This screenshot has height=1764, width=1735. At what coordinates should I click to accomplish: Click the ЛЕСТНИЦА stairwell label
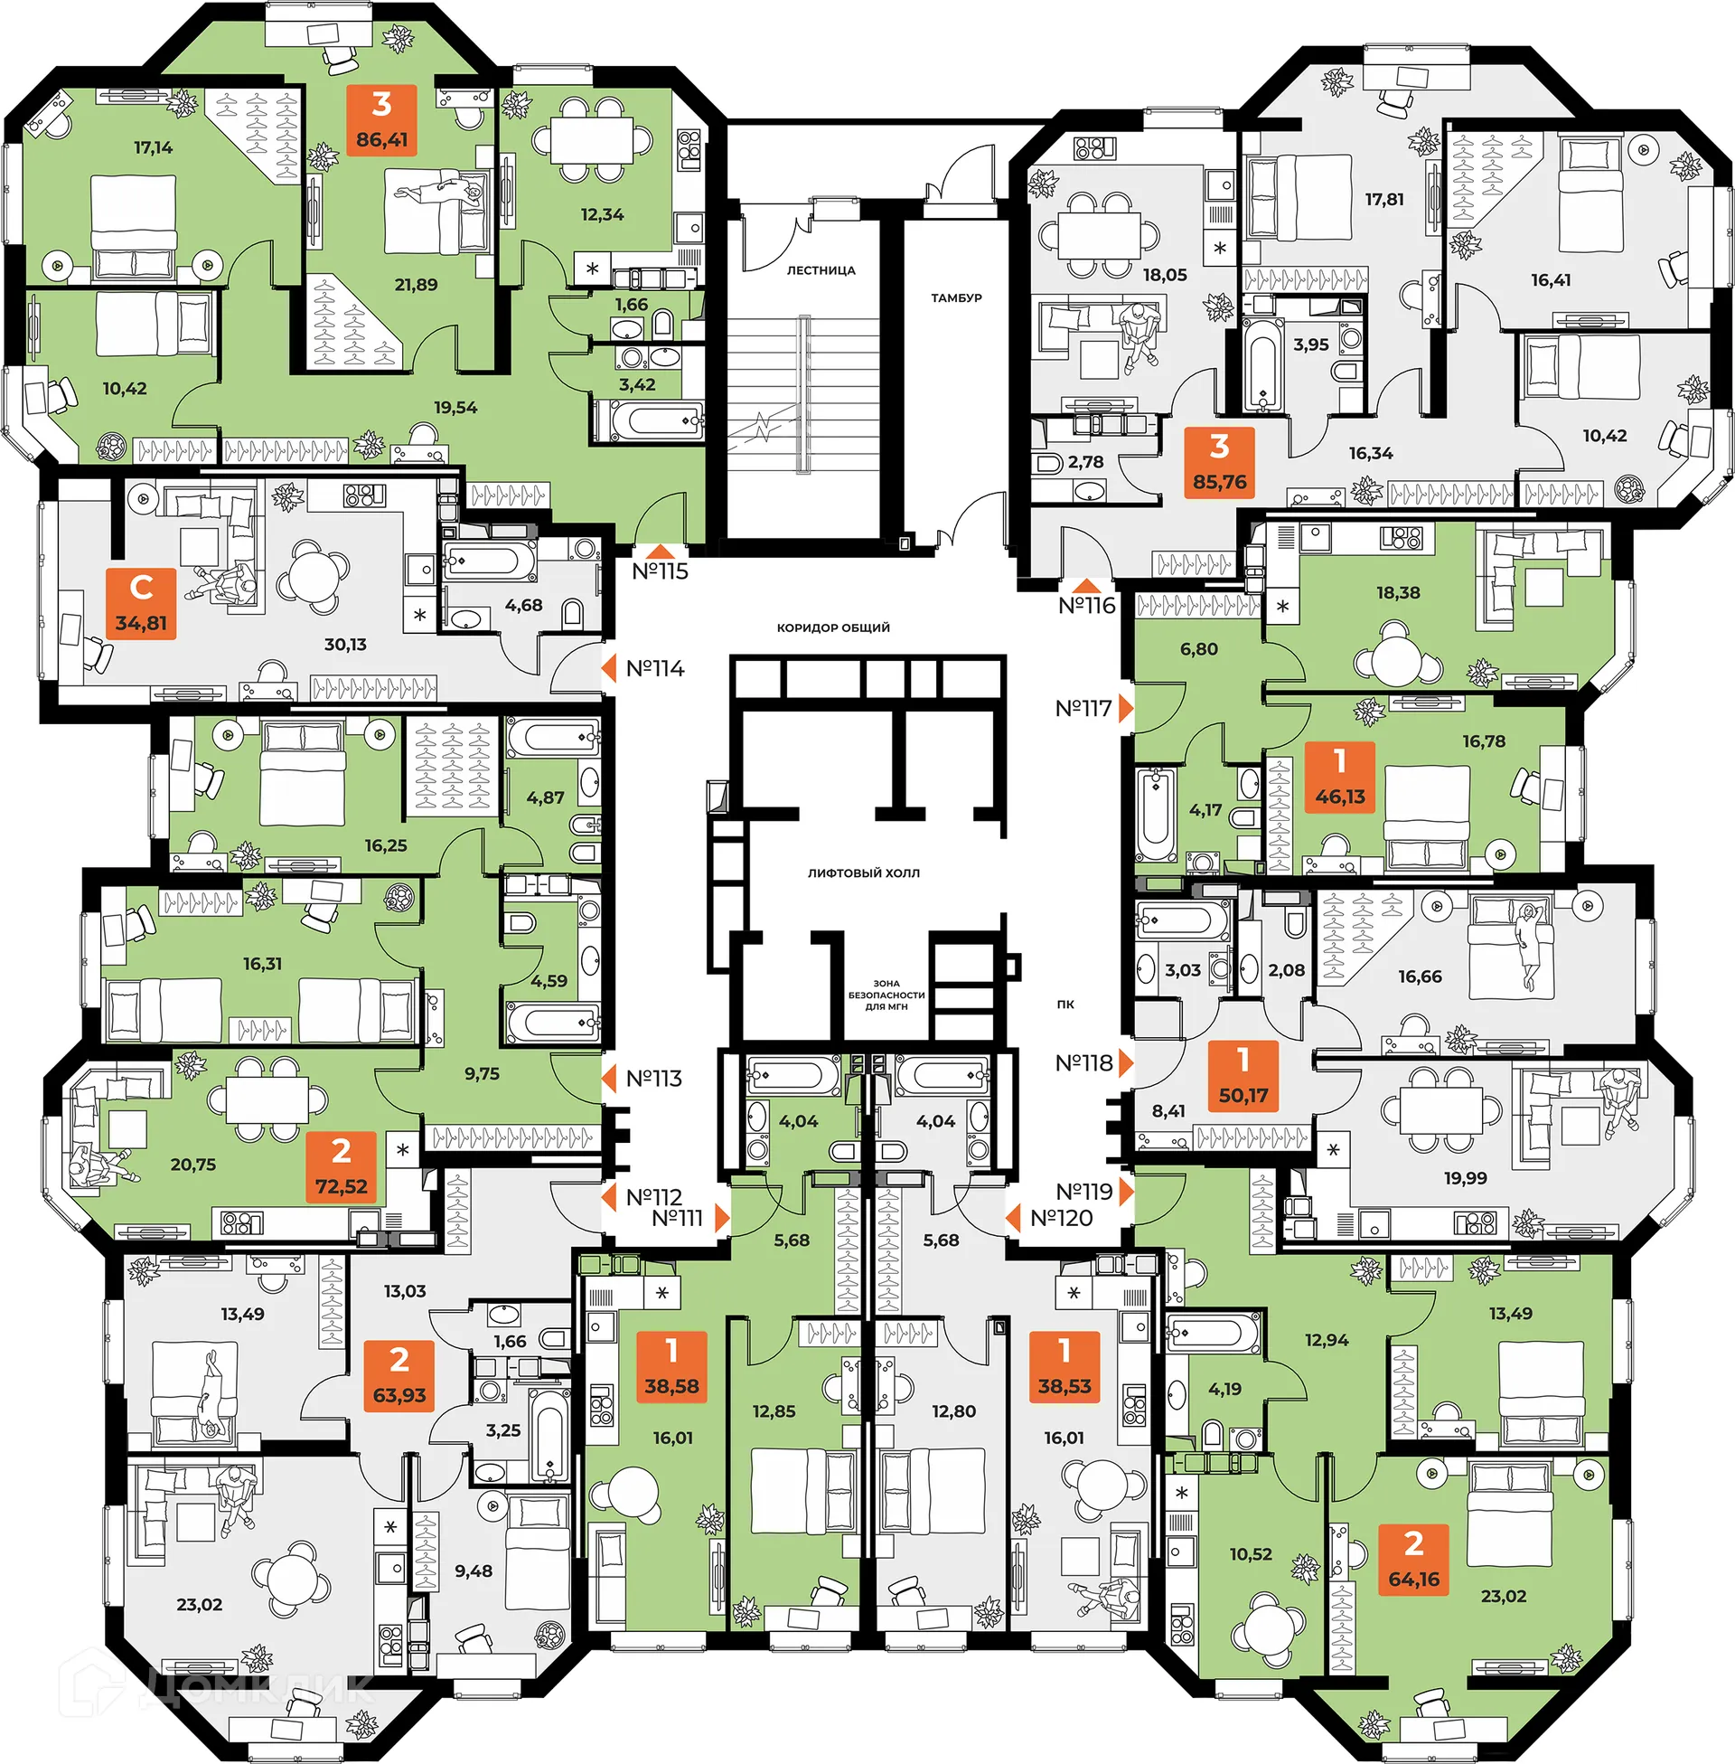(x=821, y=270)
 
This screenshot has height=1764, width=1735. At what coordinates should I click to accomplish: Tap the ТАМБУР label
(x=956, y=298)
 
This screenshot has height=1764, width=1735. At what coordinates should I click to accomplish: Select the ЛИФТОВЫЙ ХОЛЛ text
(x=863, y=873)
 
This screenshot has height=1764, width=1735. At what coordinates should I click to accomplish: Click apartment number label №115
(x=660, y=571)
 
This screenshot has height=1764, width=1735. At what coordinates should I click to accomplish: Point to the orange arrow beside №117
(x=1126, y=708)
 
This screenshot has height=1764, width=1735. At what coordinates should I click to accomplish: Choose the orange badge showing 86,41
(x=382, y=120)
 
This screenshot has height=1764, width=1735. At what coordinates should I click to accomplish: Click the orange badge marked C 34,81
(x=141, y=603)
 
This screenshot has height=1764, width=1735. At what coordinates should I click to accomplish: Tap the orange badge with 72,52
(x=341, y=1167)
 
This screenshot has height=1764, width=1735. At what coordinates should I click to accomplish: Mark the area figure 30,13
(x=345, y=645)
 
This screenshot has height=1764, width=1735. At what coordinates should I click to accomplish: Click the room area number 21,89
(x=416, y=286)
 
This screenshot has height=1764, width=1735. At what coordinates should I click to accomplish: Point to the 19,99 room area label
(x=1466, y=1178)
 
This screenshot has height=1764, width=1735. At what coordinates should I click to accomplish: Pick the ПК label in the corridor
(x=1065, y=1005)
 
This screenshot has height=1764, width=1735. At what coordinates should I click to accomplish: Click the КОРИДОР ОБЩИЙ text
(x=833, y=628)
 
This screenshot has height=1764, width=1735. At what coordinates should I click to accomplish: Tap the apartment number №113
(x=653, y=1079)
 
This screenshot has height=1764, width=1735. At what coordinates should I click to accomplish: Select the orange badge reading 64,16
(x=1413, y=1560)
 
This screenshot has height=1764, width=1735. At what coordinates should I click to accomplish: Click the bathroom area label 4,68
(x=523, y=605)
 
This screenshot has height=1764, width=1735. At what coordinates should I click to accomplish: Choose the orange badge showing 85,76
(x=1219, y=462)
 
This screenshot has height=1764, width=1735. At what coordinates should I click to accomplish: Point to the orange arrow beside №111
(x=722, y=1218)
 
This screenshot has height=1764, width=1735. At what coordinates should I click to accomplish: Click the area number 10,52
(x=1251, y=1554)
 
